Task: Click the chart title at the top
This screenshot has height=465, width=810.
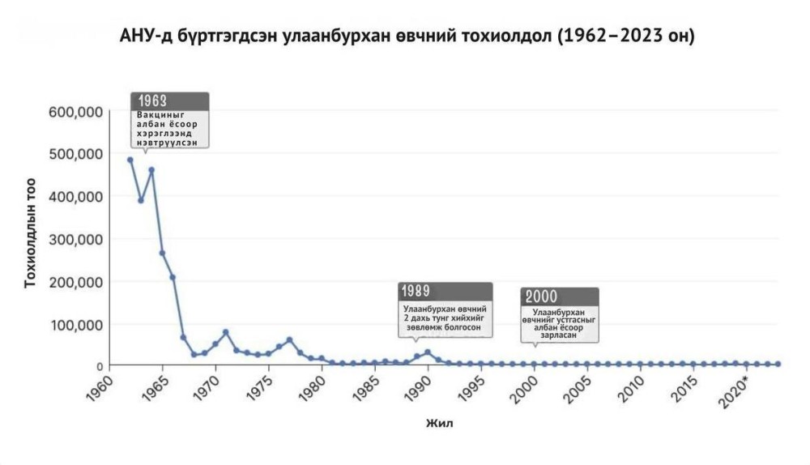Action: point(406,37)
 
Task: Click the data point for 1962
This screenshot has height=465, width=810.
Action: point(130,160)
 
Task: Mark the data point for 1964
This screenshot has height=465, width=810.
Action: point(151,170)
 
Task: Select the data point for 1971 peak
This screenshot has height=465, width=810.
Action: point(225,332)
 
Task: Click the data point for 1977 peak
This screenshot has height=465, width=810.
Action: point(289,339)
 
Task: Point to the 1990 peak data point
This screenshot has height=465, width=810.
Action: point(428,352)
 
